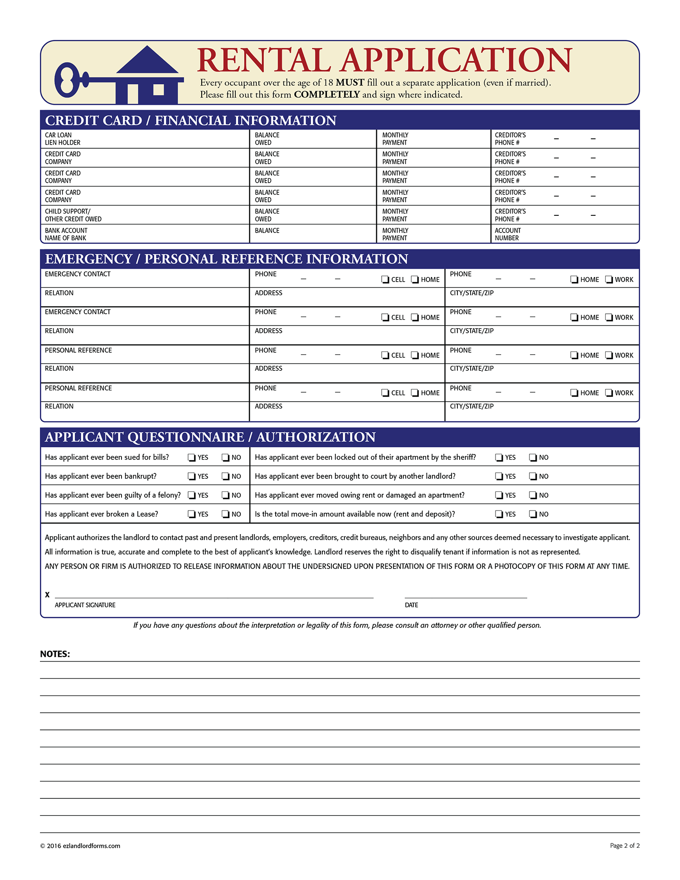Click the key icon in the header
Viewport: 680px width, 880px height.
coord(73,80)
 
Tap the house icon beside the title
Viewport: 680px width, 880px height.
coord(147,75)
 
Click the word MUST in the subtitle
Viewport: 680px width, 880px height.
coord(350,83)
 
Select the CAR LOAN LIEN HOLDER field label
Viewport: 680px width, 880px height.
coord(63,139)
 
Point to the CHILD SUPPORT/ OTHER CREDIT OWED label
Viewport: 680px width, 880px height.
coord(73,215)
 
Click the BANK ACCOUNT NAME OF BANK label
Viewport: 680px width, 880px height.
coord(66,234)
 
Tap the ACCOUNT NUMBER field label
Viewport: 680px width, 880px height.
coord(507,234)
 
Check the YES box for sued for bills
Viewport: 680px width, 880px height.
coord(192,457)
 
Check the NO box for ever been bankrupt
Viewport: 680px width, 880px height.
coord(225,476)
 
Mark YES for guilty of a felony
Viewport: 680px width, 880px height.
coord(192,496)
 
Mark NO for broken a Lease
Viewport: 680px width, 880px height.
coord(225,514)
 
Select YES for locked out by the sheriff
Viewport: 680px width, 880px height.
coord(499,457)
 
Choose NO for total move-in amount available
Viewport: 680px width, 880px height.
coord(533,514)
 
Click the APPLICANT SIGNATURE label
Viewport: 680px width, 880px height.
coord(85,605)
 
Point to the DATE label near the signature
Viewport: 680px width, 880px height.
coord(411,605)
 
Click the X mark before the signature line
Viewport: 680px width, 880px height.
coord(47,594)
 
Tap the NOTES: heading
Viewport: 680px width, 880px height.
coord(55,654)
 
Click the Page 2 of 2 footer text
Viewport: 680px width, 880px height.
coord(624,846)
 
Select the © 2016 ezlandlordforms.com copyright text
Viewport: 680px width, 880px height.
coord(80,846)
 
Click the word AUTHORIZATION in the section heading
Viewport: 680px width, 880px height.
coord(316,437)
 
